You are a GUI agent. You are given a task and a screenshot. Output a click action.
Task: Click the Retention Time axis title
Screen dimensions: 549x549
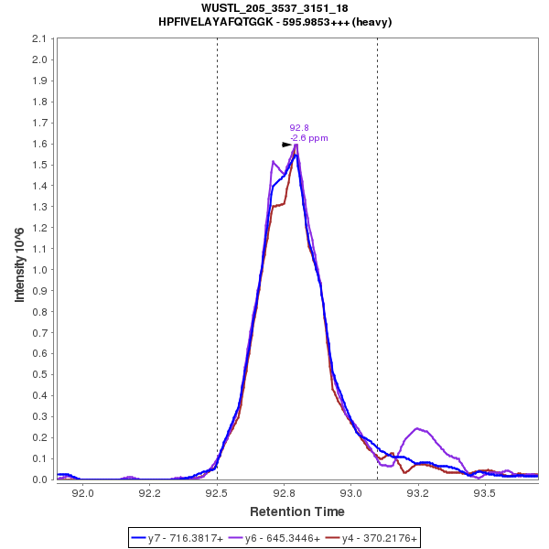tap(296, 511)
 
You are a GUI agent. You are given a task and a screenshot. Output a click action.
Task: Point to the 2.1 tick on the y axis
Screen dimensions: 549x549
tap(39, 39)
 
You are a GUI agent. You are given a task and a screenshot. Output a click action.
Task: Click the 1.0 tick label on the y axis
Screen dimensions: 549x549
tap(39, 270)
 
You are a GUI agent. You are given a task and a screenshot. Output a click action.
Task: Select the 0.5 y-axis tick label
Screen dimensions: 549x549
tap(39, 375)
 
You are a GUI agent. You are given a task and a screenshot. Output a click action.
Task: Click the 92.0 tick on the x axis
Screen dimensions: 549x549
tap(83, 492)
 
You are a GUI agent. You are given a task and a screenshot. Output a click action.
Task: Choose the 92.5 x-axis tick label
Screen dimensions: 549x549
tap(217, 492)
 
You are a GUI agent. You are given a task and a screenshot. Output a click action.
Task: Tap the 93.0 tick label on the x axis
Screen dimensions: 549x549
tap(350, 492)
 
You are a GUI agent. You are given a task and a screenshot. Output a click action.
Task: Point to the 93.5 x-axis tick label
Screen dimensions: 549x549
tap(484, 492)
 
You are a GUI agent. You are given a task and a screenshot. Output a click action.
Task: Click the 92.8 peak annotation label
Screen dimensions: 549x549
tap(299, 128)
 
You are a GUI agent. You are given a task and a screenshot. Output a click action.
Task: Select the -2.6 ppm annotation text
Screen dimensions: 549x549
tap(309, 138)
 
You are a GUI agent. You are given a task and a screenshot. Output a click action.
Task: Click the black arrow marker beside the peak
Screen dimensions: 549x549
tap(286, 145)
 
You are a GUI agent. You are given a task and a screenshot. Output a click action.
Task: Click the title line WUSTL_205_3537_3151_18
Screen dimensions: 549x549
tap(274, 8)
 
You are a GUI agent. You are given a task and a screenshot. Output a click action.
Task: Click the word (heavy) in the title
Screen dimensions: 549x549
tap(373, 22)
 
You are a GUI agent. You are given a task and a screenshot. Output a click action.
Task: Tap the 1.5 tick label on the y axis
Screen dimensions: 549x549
tap(39, 166)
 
